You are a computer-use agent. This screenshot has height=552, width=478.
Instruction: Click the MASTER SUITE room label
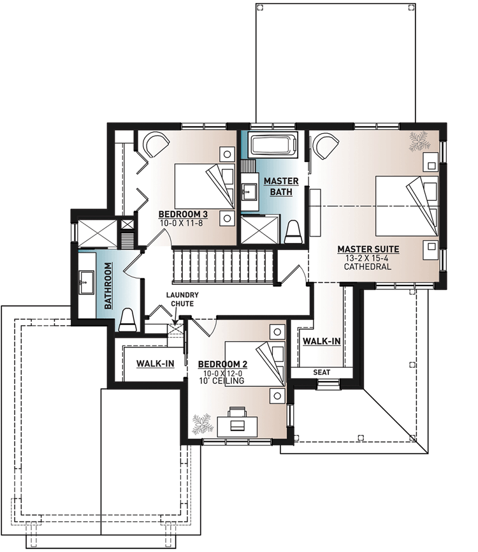coord(368,249)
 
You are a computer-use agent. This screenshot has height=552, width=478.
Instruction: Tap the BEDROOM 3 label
coord(180,214)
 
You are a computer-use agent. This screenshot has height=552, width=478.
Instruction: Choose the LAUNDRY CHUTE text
coord(182,300)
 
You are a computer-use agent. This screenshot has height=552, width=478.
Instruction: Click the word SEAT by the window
coord(321,372)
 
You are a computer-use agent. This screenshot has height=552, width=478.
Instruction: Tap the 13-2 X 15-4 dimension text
coord(368,258)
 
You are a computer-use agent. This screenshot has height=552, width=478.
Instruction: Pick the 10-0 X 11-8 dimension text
coord(180,223)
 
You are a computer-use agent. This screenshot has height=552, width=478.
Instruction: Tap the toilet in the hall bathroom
coord(127,319)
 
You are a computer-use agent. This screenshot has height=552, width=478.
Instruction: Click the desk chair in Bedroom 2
coord(236,410)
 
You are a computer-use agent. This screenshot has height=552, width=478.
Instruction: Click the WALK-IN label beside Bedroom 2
coord(156,364)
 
